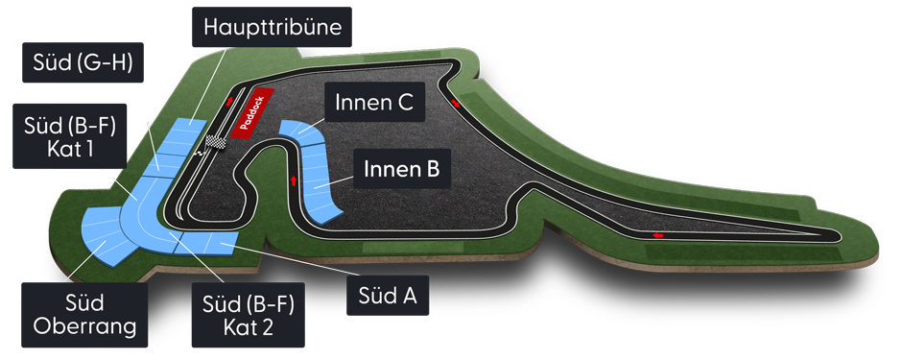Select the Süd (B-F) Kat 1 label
(70, 136)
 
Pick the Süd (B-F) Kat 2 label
(249, 315)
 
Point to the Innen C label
(373, 103)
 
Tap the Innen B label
(402, 171)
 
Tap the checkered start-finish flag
(217, 145)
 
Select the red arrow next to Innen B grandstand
(291, 180)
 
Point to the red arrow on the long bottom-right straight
(657, 233)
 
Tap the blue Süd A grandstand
(221, 248)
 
